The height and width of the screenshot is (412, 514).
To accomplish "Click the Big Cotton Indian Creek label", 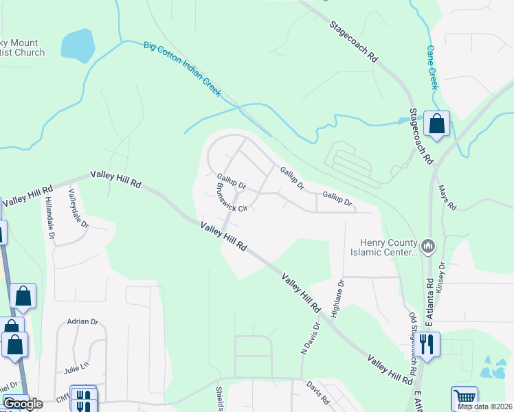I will (x=183, y=69).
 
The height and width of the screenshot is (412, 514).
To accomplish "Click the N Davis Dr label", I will (x=311, y=339).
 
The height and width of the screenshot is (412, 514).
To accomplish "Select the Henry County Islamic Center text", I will (x=388, y=247).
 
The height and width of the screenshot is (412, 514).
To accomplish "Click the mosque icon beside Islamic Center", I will (x=428, y=245).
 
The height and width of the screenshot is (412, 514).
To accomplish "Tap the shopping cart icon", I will (x=465, y=398).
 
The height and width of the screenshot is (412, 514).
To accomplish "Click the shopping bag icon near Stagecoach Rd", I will (x=436, y=124).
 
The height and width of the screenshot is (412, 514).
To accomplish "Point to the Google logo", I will (x=23, y=404).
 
